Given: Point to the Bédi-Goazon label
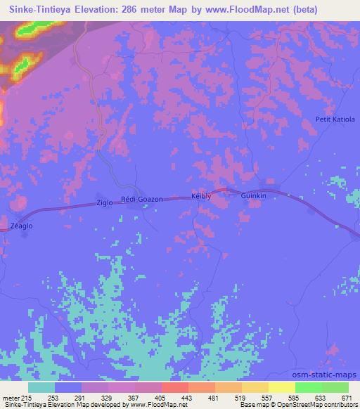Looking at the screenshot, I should pos(142,200).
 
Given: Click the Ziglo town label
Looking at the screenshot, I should pos(104,203).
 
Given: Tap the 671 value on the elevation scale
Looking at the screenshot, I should pos(347,397).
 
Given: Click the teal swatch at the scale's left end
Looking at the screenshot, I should pos(41,387).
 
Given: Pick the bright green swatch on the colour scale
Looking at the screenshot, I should pos(308,387).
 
